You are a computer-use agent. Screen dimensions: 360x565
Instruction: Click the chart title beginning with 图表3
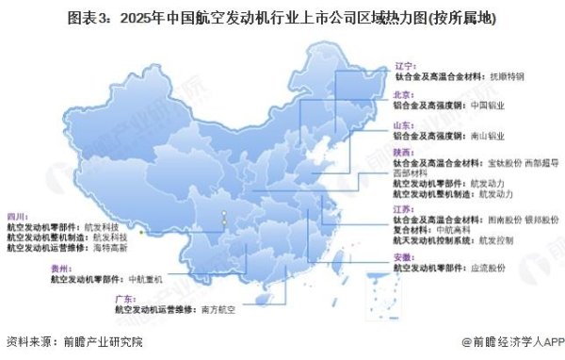pos(282,18)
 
